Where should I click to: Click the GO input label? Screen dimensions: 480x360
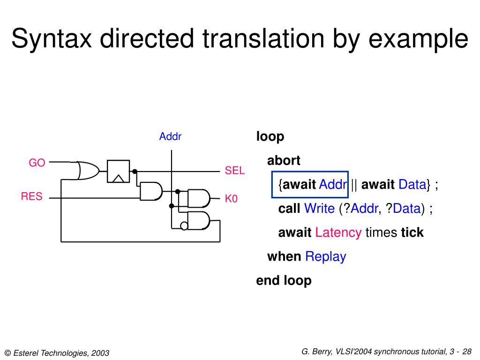point(37,163)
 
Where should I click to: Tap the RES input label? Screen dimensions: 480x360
point(31,196)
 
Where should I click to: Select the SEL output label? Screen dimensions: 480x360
point(235,171)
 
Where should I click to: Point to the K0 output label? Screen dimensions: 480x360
point(232,199)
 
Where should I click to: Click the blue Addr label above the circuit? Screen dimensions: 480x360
point(170,137)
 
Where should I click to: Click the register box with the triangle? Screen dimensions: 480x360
point(118,171)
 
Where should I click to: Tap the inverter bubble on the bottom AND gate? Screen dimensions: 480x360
point(184,226)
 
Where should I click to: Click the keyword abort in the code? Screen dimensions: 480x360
point(284,161)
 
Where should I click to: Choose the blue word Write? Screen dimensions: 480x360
point(319,209)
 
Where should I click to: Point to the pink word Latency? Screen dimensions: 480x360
point(338,232)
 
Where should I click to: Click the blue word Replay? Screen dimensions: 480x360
point(325,256)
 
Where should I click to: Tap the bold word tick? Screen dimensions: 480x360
point(412,232)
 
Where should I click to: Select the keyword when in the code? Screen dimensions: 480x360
point(284,256)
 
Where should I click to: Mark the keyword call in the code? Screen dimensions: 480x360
point(289,209)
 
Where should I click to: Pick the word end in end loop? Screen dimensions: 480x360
point(268,280)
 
